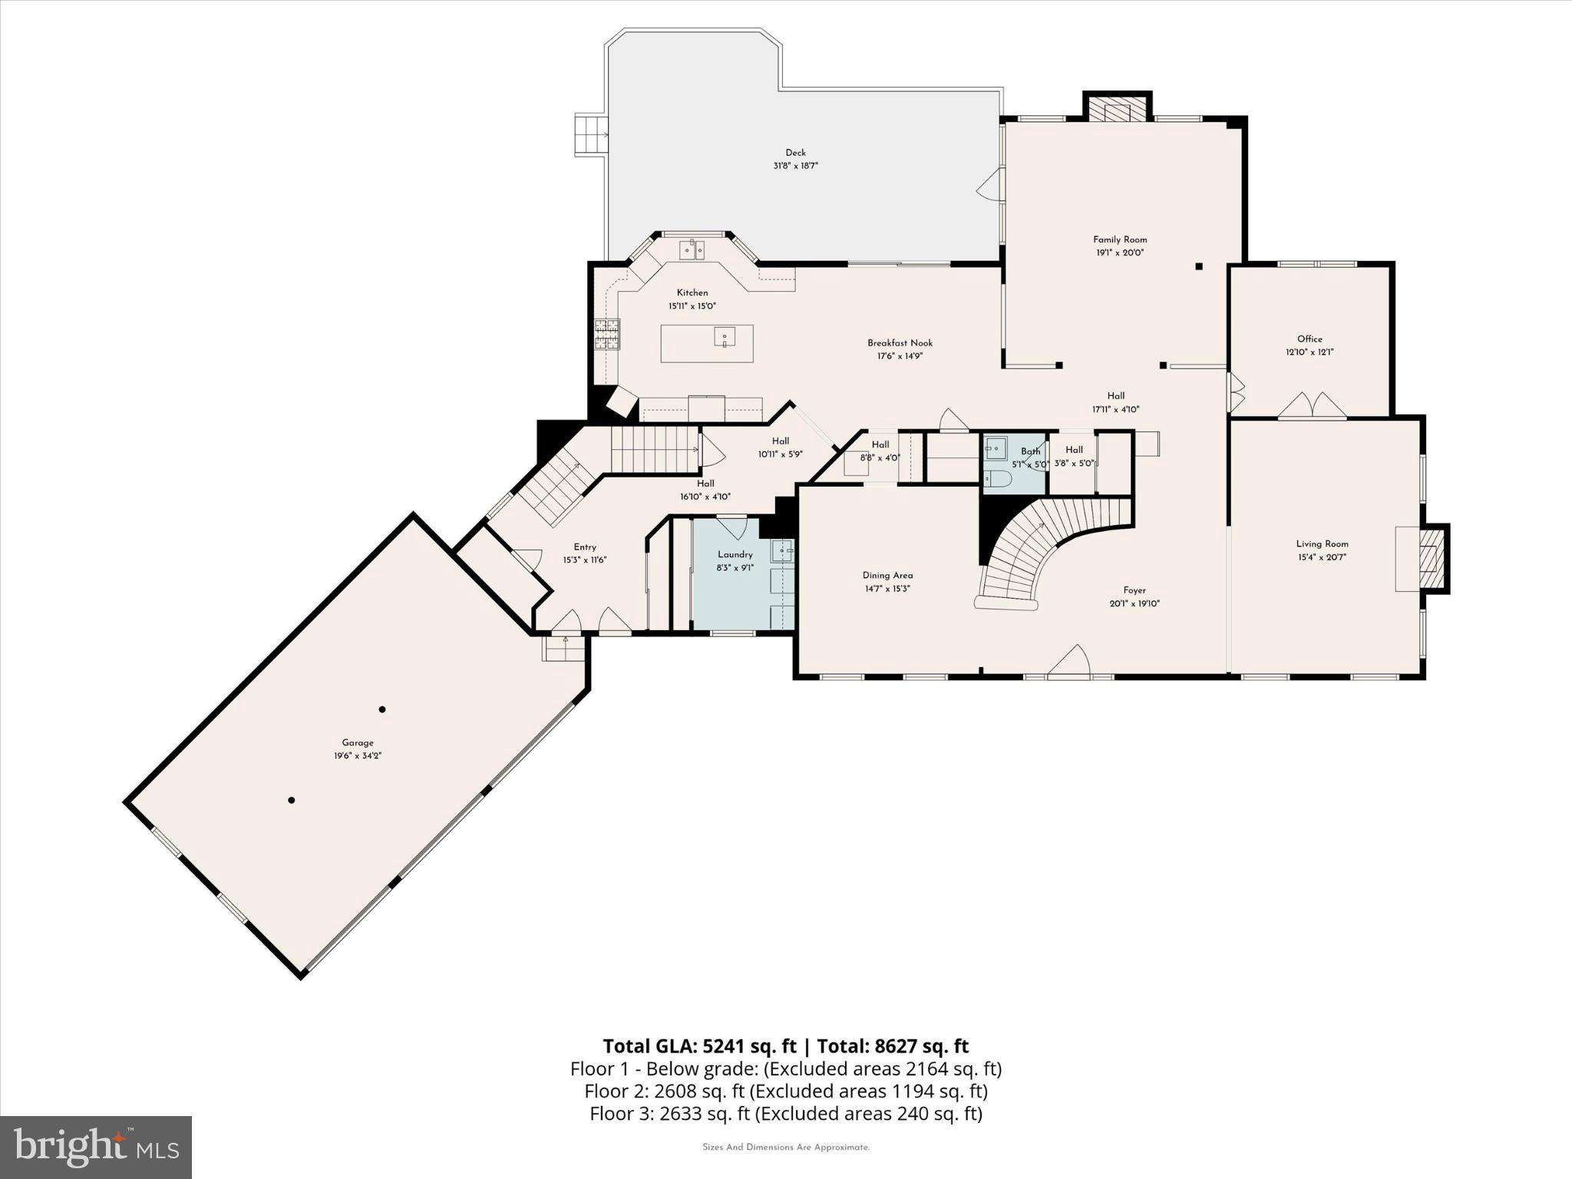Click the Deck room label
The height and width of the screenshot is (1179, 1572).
point(795,153)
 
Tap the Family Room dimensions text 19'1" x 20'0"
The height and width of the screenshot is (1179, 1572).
point(1120,253)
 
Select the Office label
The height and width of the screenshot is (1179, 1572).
point(1309,339)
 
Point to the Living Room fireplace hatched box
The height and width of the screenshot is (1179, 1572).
point(1432,558)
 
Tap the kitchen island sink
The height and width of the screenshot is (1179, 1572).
point(724,336)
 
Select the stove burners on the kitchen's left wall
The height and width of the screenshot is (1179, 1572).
point(606,334)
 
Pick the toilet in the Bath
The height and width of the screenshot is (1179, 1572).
point(999,479)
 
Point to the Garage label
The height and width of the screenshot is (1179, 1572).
point(358,742)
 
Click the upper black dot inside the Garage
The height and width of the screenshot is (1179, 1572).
point(382,709)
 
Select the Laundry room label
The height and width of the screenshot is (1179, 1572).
point(735,554)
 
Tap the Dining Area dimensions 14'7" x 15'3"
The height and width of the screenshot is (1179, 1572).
point(887,589)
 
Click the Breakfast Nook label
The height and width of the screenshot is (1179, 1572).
point(900,343)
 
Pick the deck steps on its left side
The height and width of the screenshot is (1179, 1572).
point(591,136)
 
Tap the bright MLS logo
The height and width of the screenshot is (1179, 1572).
point(95,1147)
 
